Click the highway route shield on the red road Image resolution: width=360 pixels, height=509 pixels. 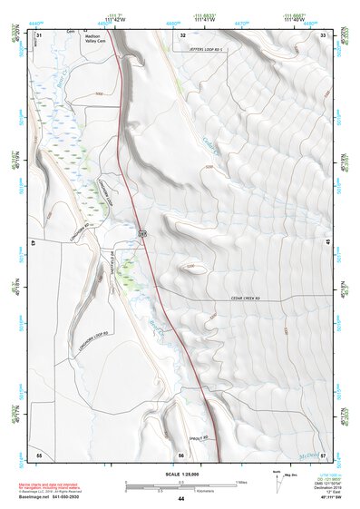pyautogui.click(x=143, y=234)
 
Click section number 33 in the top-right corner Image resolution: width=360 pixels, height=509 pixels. pyautogui.click(x=324, y=34)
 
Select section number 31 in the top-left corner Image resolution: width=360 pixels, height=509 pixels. pyautogui.click(x=39, y=34)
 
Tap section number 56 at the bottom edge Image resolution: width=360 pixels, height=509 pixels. pyautogui.click(x=181, y=454)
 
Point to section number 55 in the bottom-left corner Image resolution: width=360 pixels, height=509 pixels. pyautogui.click(x=39, y=454)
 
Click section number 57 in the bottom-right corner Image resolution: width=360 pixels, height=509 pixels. pyautogui.click(x=324, y=454)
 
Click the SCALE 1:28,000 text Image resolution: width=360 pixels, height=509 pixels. pyautogui.click(x=180, y=474)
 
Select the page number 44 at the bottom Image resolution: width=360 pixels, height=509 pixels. pyautogui.click(x=181, y=499)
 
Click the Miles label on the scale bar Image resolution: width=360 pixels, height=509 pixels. pyautogui.click(x=240, y=481)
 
